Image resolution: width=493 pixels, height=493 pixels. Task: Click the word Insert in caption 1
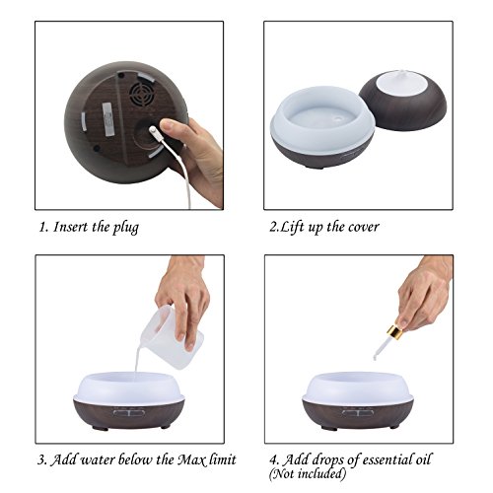[x=71, y=227]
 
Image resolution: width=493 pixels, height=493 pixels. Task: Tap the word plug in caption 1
[x=126, y=228]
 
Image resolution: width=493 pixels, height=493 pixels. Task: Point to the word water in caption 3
[x=98, y=459]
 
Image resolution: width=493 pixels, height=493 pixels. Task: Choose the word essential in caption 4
[x=383, y=459]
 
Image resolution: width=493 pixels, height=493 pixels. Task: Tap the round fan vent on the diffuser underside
[x=142, y=93]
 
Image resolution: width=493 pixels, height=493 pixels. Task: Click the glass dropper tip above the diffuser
[x=376, y=356]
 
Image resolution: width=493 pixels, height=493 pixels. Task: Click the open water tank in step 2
[x=322, y=126]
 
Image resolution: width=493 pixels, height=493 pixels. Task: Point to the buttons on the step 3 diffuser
[x=129, y=412]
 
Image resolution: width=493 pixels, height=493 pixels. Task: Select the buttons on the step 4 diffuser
[x=358, y=412]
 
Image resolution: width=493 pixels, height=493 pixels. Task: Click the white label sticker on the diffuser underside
[x=107, y=119]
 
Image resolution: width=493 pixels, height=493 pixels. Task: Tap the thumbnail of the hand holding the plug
[x=167, y=124]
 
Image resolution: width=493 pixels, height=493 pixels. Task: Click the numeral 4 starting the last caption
[x=273, y=459]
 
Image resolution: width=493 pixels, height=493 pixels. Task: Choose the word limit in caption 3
[x=225, y=458]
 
